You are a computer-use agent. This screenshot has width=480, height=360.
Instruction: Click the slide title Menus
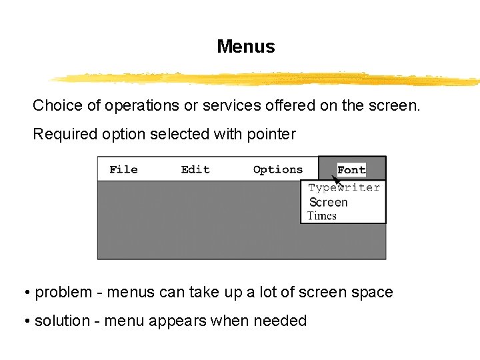(245, 47)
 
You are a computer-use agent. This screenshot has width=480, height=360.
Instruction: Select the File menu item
(123, 169)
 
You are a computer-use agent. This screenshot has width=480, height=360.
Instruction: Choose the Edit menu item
(195, 169)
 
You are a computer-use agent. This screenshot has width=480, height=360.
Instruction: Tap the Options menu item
(278, 169)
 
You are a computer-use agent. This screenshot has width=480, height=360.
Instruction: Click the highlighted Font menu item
(351, 170)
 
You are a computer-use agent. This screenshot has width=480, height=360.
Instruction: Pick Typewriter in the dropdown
(344, 188)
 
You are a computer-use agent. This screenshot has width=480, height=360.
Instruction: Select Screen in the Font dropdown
(329, 202)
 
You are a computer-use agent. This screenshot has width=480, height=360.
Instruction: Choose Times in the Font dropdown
(322, 215)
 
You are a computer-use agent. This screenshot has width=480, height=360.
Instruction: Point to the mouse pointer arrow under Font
(337, 180)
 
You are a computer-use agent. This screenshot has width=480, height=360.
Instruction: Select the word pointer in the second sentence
(270, 134)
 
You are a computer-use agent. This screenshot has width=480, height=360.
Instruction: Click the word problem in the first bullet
(64, 293)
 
